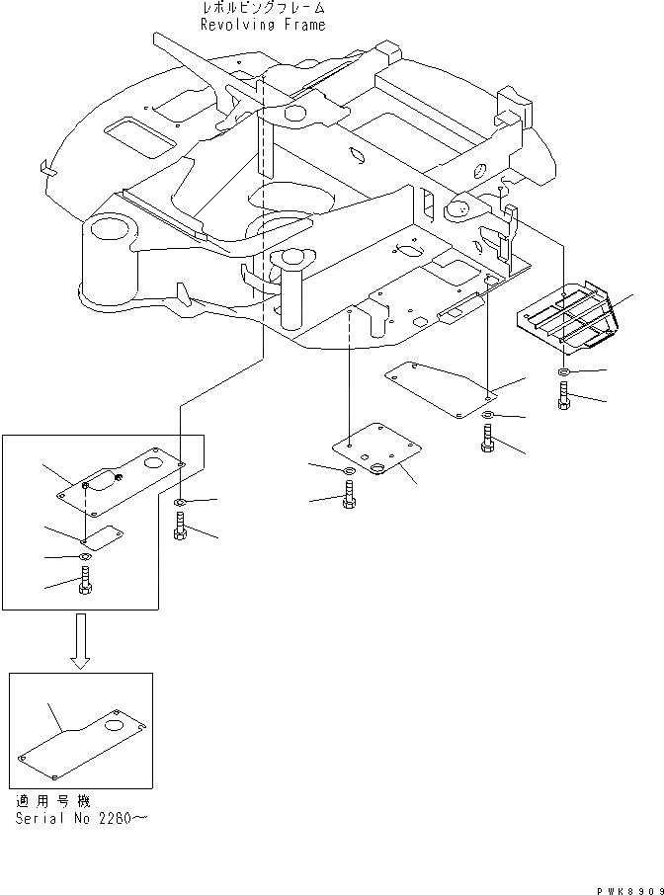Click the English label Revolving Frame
(x=262, y=25)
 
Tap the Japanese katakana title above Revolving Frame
(x=262, y=9)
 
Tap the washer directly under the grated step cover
(x=563, y=372)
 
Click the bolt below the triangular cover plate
(x=487, y=438)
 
